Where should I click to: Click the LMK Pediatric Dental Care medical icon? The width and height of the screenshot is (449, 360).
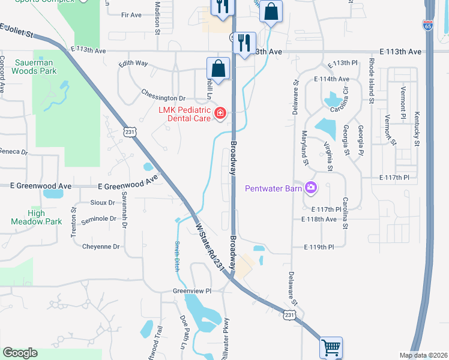point(220,112)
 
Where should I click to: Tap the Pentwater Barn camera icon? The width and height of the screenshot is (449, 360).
point(310,188)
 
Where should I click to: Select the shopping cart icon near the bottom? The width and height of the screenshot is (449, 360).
point(331,347)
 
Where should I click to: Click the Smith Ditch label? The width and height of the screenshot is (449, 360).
point(177,256)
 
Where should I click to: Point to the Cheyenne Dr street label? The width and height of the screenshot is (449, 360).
point(100,247)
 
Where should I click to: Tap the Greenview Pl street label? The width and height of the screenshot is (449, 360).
point(193,291)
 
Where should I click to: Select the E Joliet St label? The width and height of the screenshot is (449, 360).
point(16,30)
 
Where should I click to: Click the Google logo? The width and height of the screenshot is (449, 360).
point(20,353)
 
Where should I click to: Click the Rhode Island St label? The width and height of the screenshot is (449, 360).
point(372,83)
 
